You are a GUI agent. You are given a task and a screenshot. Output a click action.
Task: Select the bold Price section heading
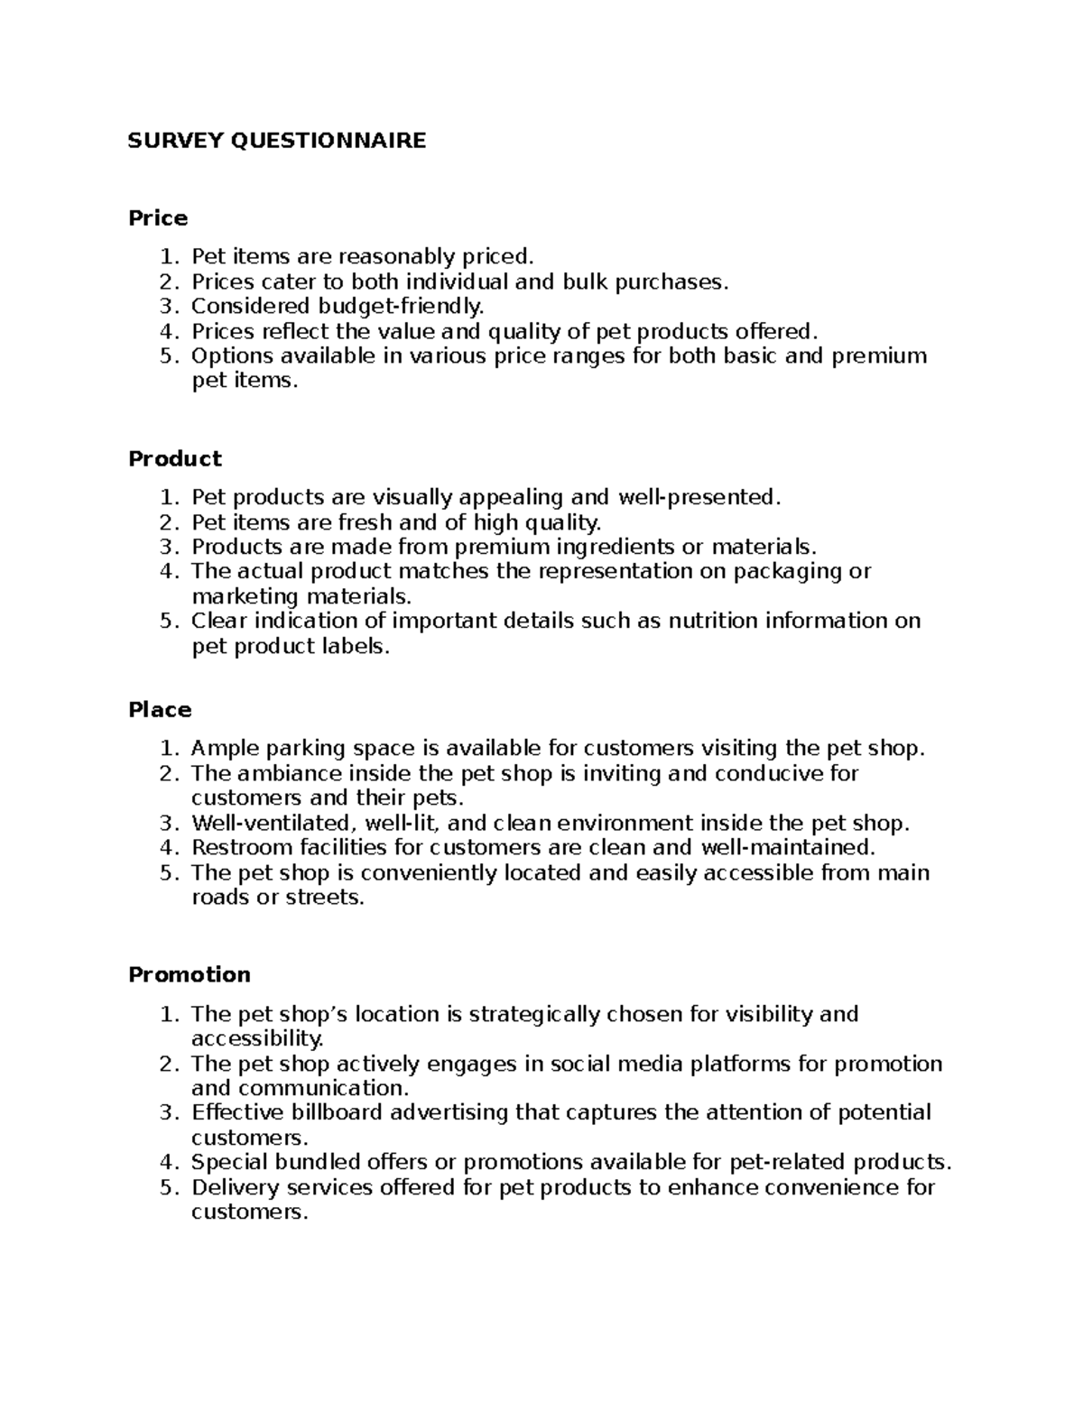coord(158,218)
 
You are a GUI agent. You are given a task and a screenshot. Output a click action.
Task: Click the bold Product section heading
coord(175,459)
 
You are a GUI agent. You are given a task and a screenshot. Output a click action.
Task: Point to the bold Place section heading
coord(160,710)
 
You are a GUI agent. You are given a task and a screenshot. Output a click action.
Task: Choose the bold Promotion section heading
coord(190,975)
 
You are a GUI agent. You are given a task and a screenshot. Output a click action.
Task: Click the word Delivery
coord(231,1187)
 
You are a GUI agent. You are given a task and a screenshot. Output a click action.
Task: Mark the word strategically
coord(535,1015)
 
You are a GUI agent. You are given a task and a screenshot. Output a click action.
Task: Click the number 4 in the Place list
coord(165,848)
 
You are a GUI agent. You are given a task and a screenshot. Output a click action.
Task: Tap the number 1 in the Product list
coord(165,498)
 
